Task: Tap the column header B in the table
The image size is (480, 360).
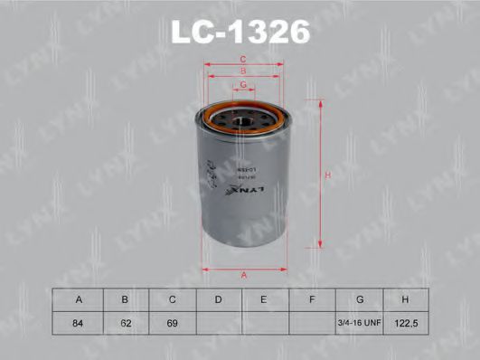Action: point(125,298)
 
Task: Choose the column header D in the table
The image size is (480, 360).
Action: point(219,298)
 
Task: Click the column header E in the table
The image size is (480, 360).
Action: point(265,298)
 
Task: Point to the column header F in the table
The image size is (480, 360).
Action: point(312,298)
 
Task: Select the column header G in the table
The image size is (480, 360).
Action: point(360,298)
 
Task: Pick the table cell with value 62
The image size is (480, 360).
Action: point(125,321)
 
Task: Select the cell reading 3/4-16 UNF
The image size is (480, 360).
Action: point(360,321)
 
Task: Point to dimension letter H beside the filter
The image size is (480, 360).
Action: point(329,175)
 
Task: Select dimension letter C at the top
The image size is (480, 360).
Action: point(243,60)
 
